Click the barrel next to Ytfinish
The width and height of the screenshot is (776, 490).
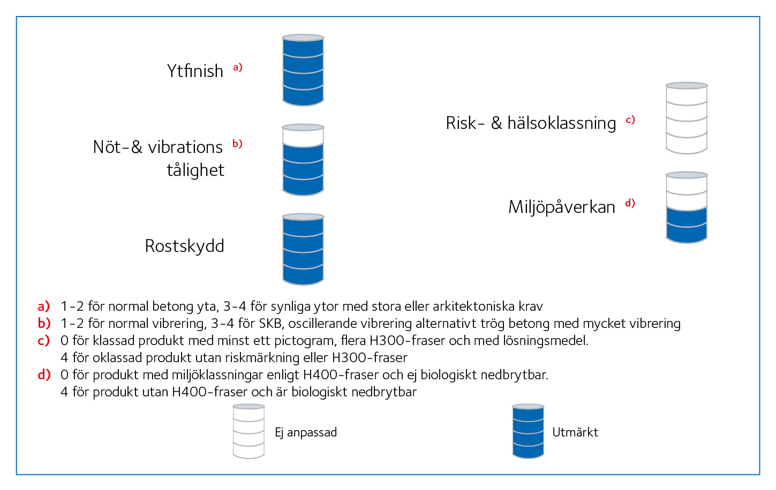coord(303,70)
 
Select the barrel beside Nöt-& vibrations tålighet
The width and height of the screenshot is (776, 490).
coord(303,159)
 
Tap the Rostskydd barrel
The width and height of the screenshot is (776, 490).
coord(303,249)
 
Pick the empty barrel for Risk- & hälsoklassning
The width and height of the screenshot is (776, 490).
coord(687,118)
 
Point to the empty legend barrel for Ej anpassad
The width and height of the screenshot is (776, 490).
coord(248,431)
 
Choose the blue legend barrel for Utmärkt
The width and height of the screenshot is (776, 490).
coord(528,431)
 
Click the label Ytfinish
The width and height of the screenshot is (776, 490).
coord(195,71)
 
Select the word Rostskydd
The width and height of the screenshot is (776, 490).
coord(184,246)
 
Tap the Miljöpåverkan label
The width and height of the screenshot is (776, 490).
coord(562,207)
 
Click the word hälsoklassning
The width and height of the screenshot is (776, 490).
coord(562,123)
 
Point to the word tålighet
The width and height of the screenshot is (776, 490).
coord(195,170)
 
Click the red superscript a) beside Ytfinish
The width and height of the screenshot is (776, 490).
coord(238,67)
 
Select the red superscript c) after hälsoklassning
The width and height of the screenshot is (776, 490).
coord(630,120)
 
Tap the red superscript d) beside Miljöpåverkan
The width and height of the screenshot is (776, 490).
coord(630,203)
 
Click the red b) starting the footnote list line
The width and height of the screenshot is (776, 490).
coord(44,323)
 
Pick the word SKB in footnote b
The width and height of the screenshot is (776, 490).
coord(270,324)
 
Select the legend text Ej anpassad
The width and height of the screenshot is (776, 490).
coord(306,432)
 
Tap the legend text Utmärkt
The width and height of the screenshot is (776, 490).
coord(575,432)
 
